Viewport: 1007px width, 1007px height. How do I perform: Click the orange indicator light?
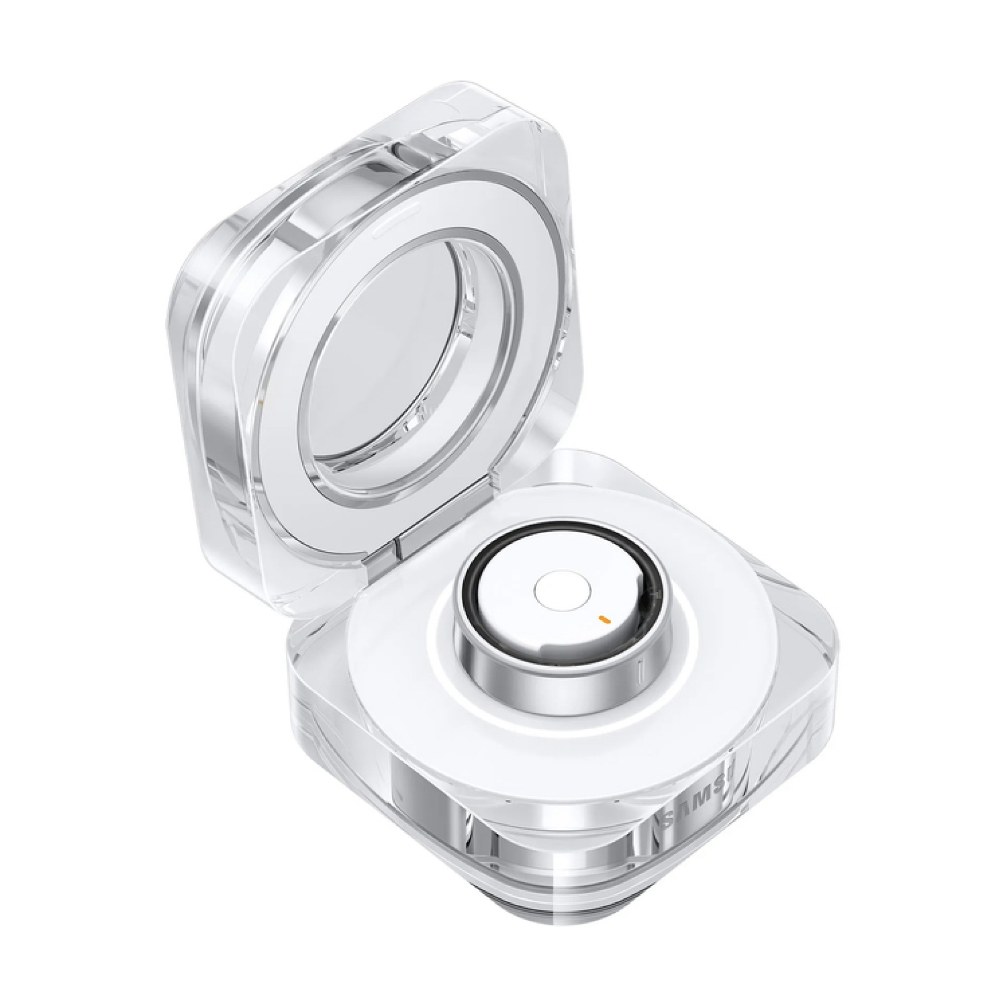[604, 619]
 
